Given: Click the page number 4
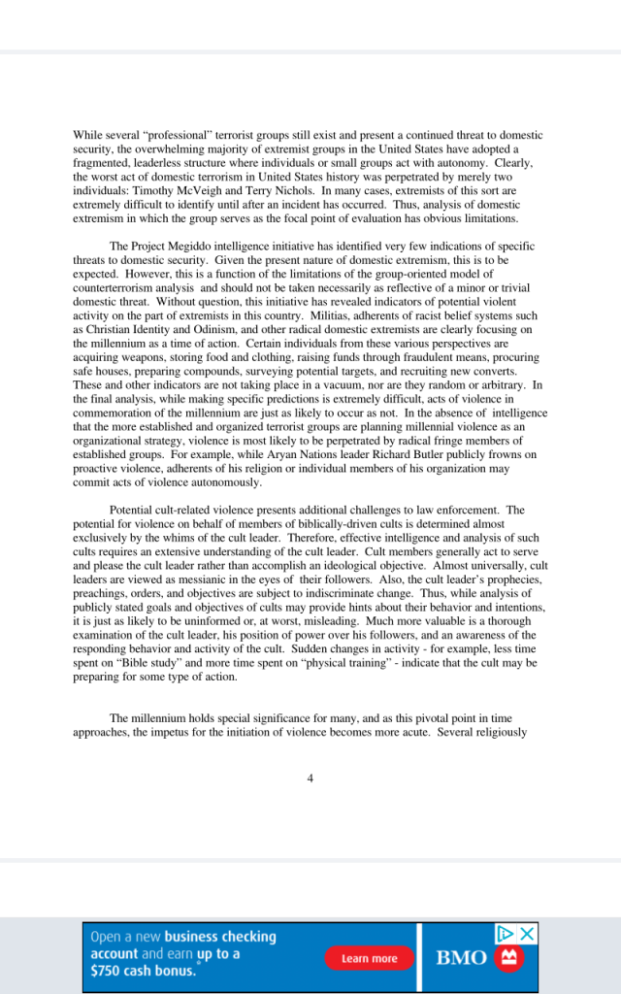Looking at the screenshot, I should [x=310, y=777].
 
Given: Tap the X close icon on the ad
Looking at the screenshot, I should [x=527, y=934].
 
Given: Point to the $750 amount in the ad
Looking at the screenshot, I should [x=107, y=972].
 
